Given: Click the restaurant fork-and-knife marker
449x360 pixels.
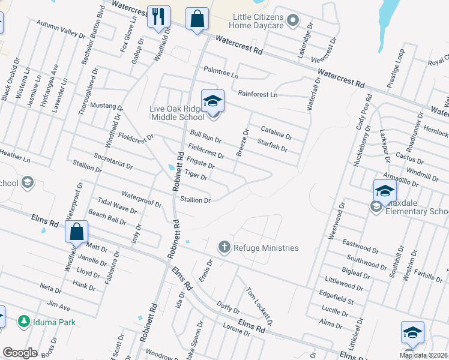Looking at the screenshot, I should tap(158, 17).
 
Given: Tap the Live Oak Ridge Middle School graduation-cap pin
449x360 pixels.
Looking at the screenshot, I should tap(212, 101).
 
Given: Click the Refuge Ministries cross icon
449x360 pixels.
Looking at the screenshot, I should tap(224, 247).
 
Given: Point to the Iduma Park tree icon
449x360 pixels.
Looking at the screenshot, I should tap(23, 322).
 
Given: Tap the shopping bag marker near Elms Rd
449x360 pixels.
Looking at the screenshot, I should tap(77, 232).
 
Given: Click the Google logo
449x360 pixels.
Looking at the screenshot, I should tap(20, 353).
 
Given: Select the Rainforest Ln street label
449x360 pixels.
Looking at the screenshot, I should tap(258, 94).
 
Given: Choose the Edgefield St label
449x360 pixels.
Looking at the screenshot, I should tap(336, 295).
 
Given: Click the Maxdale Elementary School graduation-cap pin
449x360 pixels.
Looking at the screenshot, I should tap(385, 191).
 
